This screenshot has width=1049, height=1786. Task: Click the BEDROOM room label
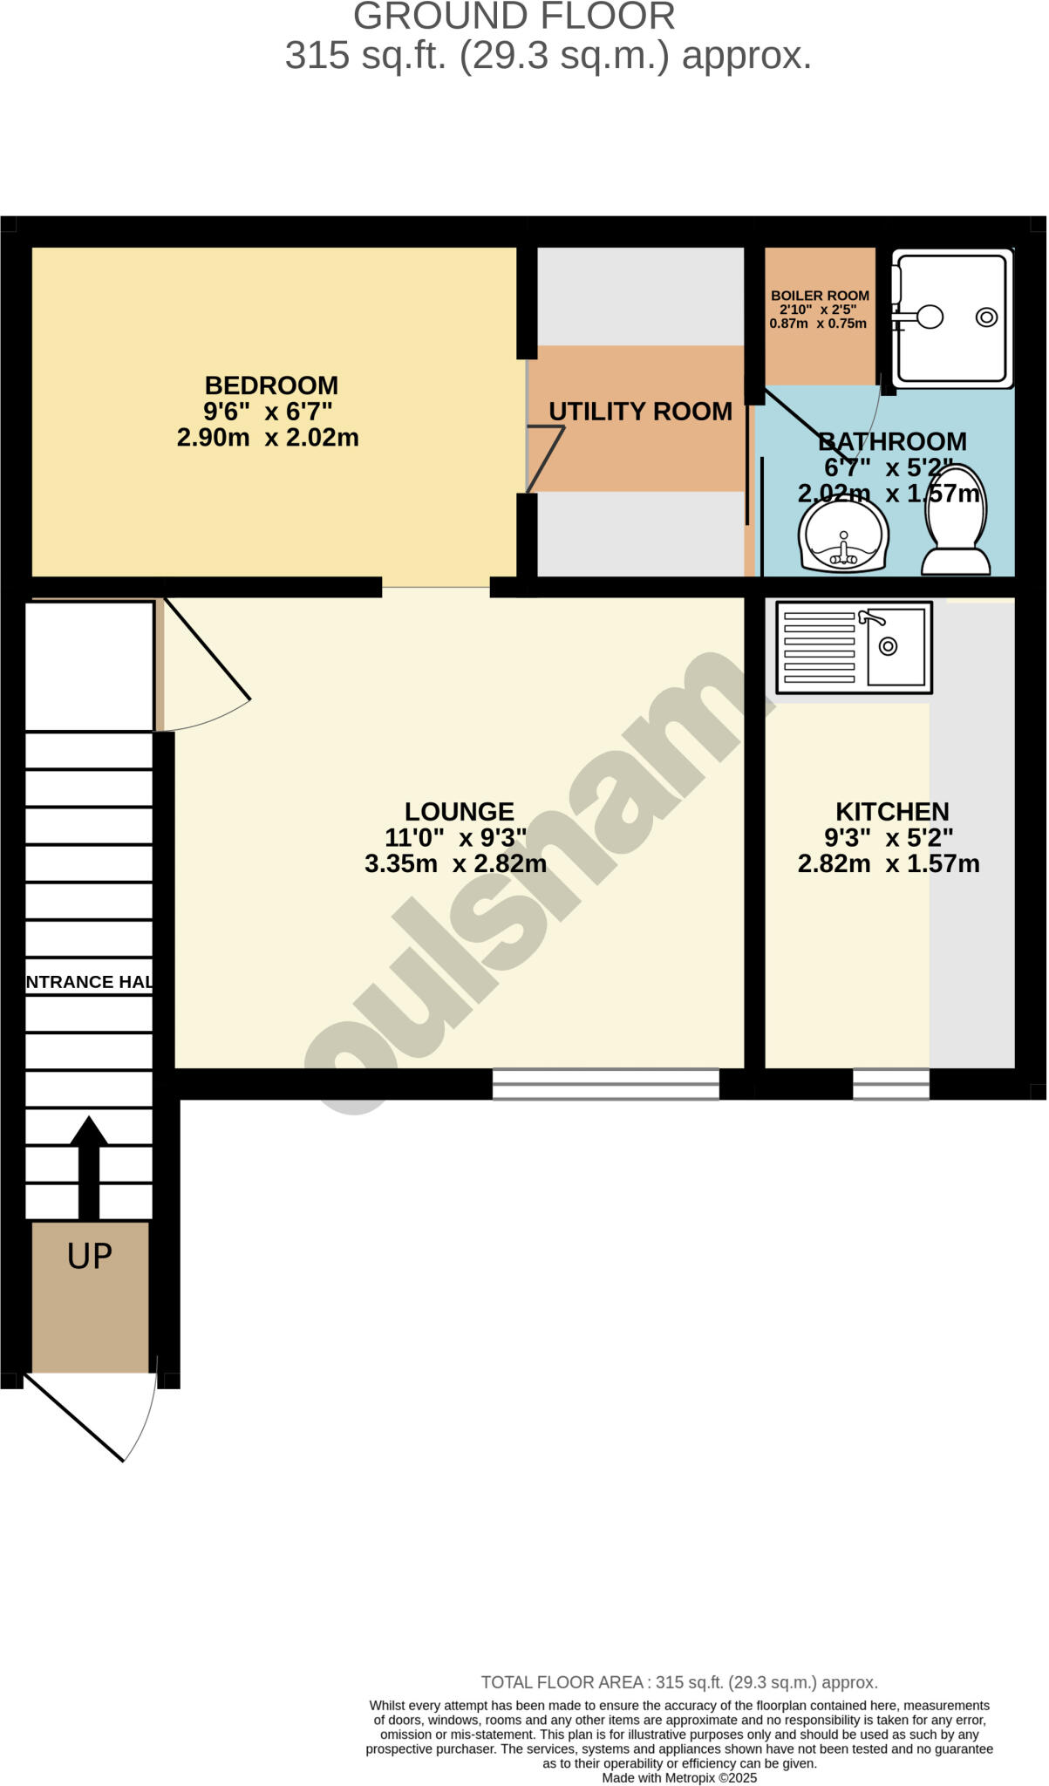271,385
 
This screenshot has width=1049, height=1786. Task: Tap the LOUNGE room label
460,812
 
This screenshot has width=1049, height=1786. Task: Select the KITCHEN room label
892,812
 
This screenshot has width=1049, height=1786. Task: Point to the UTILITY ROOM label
640,412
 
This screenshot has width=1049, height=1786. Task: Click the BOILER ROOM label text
820,297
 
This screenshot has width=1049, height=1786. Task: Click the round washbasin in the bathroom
843,537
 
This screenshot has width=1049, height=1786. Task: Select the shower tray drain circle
986,317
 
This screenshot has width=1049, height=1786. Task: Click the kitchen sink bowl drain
888,646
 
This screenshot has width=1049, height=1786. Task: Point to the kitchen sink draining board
820,647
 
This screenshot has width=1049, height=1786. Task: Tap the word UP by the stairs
90,1256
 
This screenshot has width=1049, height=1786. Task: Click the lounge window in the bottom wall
606,1084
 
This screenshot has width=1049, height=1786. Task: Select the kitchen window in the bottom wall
890,1084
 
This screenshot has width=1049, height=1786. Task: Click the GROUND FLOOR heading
514,17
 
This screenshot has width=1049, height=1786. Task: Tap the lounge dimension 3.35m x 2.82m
455,864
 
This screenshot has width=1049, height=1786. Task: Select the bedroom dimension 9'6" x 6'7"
268,412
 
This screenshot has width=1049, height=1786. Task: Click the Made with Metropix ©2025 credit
679,1777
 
